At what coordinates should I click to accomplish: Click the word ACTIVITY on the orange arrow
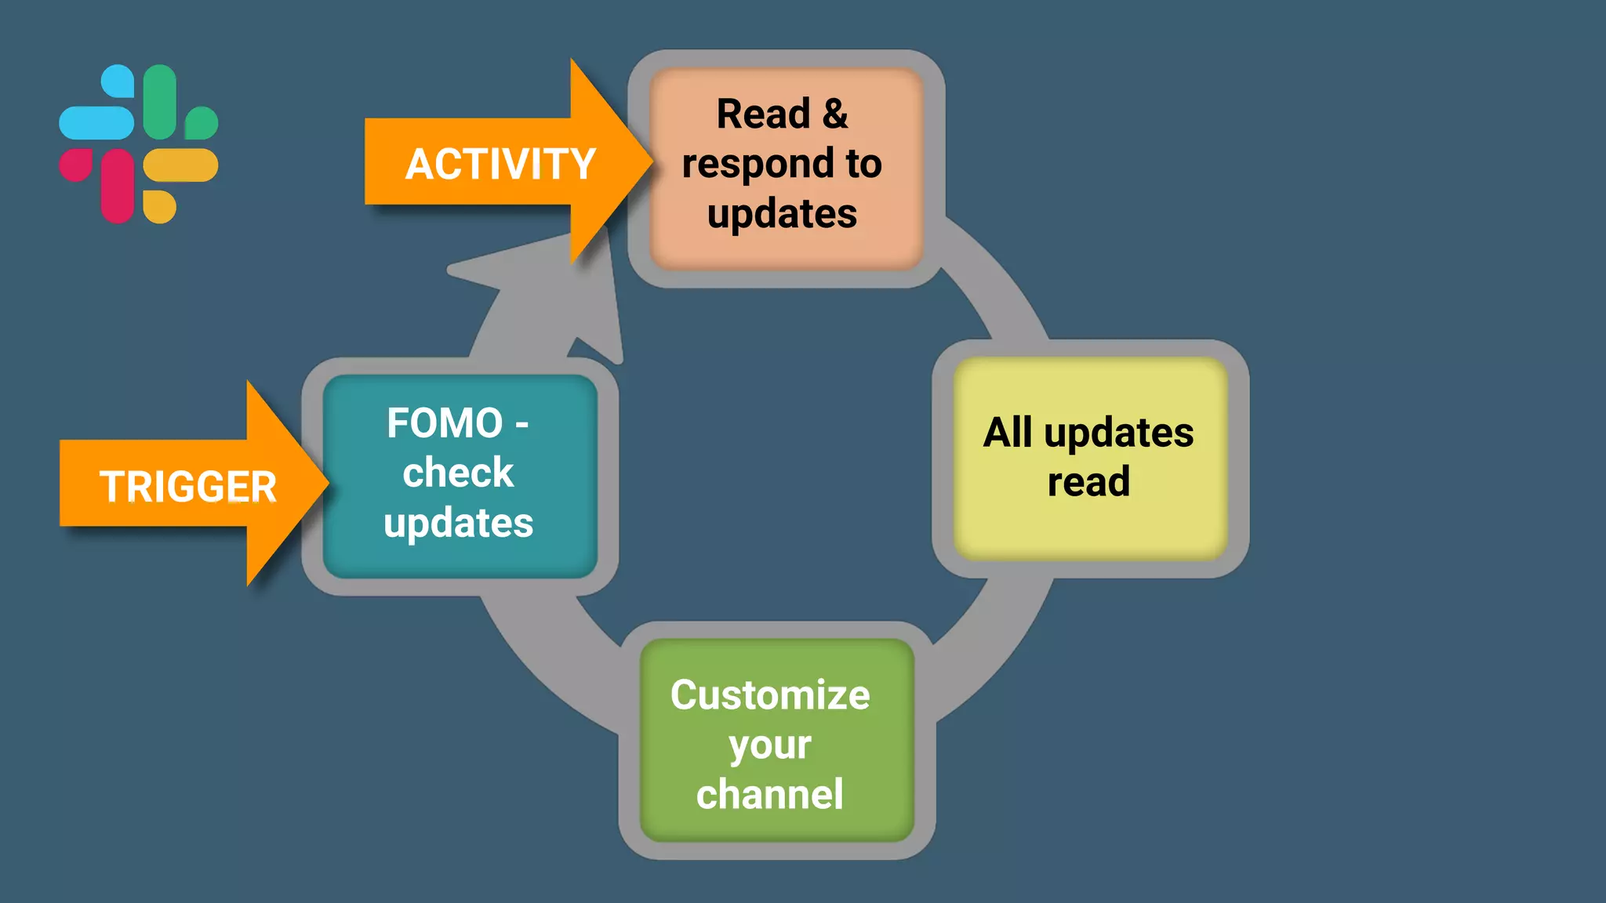500,165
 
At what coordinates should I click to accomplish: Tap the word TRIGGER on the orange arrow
188,487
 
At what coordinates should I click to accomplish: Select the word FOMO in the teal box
445,423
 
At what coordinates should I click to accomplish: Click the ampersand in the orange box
835,114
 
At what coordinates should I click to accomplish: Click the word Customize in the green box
770,695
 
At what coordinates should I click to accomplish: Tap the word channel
770,794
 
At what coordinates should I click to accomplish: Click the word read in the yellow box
1088,481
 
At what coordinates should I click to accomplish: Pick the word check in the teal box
458,473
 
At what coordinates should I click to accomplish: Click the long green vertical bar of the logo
160,102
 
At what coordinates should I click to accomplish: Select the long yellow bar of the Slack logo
180,165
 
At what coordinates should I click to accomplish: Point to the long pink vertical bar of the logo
118,186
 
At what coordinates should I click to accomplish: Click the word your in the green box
770,745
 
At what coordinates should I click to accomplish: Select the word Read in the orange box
762,114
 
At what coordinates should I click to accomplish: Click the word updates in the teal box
458,523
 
